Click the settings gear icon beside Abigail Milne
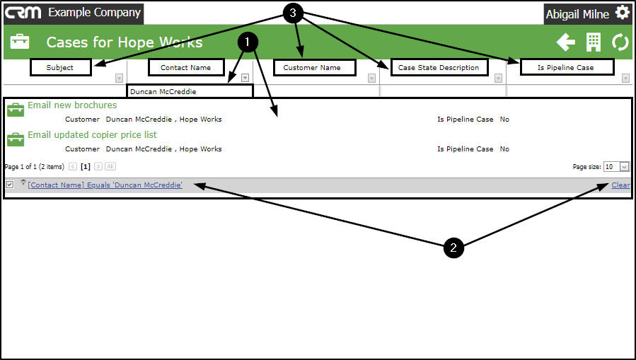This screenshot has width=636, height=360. (x=622, y=12)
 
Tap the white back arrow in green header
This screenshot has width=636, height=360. (x=565, y=42)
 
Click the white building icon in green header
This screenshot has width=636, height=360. (x=594, y=42)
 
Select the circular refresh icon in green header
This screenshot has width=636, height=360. (x=620, y=42)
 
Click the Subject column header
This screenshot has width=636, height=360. (x=61, y=67)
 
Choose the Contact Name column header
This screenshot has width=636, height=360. (x=185, y=67)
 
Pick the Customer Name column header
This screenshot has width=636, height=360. (x=312, y=67)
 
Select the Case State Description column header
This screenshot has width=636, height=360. (x=439, y=67)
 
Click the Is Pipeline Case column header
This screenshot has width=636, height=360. (x=565, y=67)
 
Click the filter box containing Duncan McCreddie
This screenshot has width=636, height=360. (x=189, y=91)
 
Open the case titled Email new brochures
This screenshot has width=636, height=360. (x=72, y=105)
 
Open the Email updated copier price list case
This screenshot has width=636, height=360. (x=92, y=134)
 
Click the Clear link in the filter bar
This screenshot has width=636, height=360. (x=620, y=185)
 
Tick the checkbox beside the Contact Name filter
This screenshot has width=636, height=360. (x=9, y=185)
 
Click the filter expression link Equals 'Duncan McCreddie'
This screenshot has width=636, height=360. (x=105, y=185)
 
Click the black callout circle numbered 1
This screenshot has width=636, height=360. (x=247, y=42)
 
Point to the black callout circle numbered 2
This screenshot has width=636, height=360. (x=453, y=248)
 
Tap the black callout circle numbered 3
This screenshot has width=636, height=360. (x=294, y=11)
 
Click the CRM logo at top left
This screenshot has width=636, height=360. (x=23, y=13)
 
